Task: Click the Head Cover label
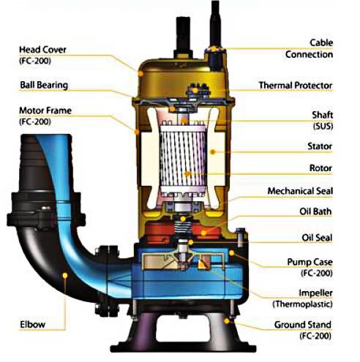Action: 42,55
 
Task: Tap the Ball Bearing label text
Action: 44,85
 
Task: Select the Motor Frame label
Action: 45,116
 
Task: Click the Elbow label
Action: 32,325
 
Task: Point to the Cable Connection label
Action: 309,48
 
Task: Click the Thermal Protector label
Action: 296,86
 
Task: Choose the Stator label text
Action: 320,146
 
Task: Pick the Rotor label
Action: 320,168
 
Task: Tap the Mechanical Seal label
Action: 300,191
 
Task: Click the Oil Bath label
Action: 315,211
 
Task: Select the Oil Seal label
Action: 317,238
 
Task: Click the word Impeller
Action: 315,293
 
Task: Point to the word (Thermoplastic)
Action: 302,304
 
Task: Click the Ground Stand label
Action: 303,330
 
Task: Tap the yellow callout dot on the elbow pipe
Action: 65,276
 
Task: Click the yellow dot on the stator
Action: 213,152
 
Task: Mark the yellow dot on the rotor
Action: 187,174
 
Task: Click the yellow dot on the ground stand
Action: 227,321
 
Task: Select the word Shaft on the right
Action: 323,115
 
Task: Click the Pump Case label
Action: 310,268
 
